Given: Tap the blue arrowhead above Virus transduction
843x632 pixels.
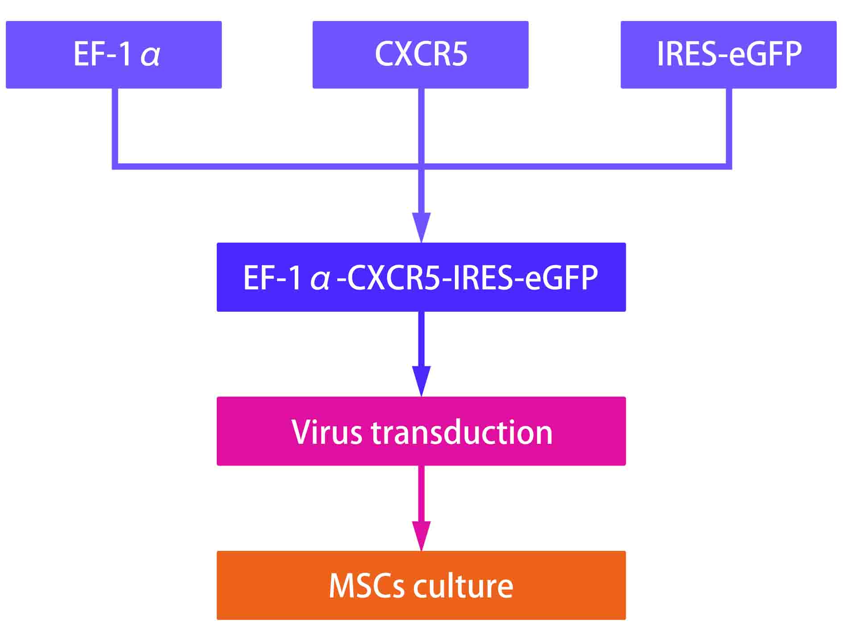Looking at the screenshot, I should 421,380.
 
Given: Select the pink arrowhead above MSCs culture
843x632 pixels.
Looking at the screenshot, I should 421,535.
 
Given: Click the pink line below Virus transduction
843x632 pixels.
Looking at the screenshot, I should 421,493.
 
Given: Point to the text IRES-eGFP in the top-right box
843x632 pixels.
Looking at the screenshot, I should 729,54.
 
